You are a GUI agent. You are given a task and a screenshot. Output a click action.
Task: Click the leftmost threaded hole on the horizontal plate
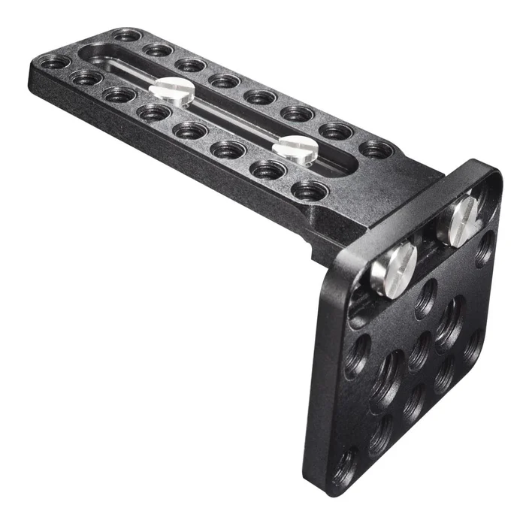pos(54,62)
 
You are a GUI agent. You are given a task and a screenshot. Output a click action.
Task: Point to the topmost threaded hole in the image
pos(126,35)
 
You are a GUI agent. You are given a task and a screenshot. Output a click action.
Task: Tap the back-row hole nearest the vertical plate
pos(376,149)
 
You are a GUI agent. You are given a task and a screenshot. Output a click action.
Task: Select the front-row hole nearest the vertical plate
pos(309,190)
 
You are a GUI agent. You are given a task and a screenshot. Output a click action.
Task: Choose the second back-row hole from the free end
pos(158,50)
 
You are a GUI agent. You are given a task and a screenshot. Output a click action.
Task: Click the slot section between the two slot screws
pos(233,120)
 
